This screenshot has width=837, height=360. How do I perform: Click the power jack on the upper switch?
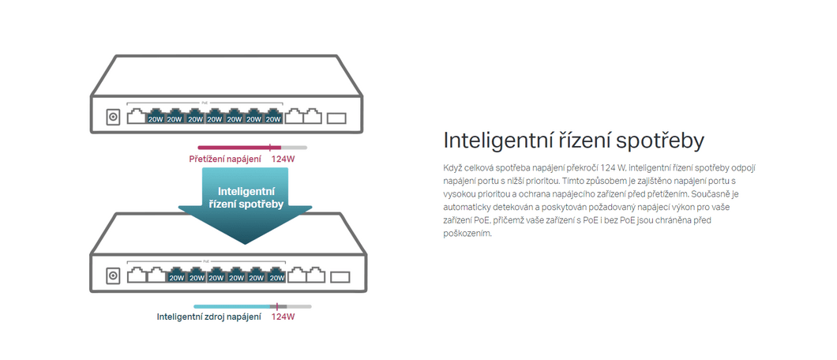[x=113, y=118]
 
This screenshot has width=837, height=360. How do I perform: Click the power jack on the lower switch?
[x=113, y=276]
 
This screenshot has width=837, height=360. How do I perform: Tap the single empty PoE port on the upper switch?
[x=136, y=117]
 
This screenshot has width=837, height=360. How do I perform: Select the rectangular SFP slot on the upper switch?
[x=337, y=118]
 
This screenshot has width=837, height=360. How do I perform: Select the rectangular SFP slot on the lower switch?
[x=340, y=277]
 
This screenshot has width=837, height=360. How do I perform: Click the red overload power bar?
[x=233, y=147]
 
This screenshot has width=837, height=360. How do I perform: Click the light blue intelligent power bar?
[x=231, y=306]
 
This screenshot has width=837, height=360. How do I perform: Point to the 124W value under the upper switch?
[x=283, y=159]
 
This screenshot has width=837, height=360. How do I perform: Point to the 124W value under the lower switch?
[x=283, y=317]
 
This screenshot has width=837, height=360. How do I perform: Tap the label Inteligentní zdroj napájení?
[x=208, y=317]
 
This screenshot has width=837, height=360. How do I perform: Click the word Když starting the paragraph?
[x=453, y=168]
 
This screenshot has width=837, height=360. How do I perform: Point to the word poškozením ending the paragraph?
[x=467, y=234]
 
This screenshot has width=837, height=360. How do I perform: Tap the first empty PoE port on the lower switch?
[x=137, y=276]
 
